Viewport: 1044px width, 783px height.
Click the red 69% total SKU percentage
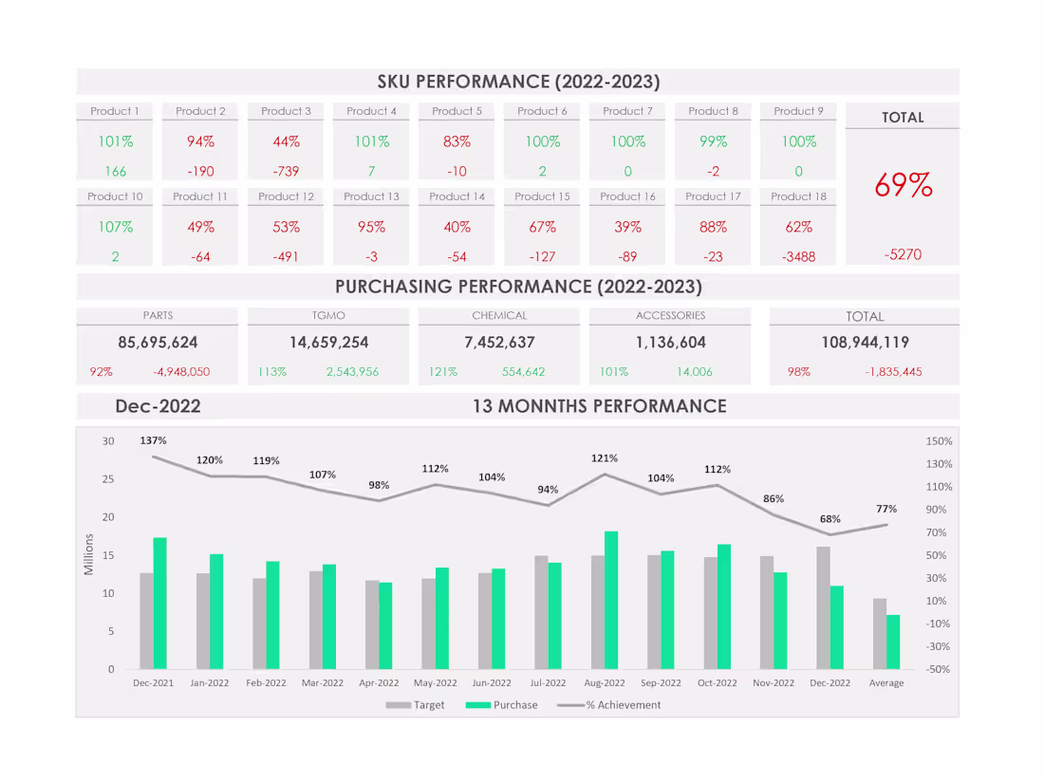[x=903, y=185]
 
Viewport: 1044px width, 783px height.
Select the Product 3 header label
[x=286, y=111]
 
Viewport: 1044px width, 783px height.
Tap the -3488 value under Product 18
[x=798, y=256]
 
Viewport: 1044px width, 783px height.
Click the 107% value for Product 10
[x=115, y=227]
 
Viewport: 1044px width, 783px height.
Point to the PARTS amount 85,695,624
[x=158, y=342]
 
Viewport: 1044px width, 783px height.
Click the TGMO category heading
[x=328, y=315]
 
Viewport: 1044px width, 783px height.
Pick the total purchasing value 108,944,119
[x=865, y=342]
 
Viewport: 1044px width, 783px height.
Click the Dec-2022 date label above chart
[x=158, y=406]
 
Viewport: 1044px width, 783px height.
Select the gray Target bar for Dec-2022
[x=824, y=607]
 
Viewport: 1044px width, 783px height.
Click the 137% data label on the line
[x=153, y=440]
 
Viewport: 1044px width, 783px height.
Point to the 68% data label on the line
[x=830, y=519]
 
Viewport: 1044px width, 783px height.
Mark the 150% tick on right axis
[x=939, y=441]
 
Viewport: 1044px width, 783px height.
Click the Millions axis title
[x=89, y=554]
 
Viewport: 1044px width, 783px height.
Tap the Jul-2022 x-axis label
[x=548, y=682]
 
